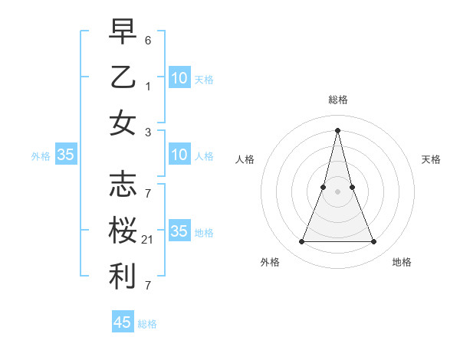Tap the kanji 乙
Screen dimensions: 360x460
(x=123, y=77)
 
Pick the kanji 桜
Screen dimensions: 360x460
(x=123, y=231)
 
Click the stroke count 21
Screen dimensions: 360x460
(x=148, y=240)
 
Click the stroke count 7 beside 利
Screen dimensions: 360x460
(x=148, y=286)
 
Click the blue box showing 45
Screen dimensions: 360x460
(x=123, y=322)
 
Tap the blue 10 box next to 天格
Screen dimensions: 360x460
(x=179, y=77)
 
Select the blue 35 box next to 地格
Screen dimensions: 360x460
(x=179, y=231)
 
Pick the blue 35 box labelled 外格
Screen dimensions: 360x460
(x=65, y=155)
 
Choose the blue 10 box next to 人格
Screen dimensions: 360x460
(x=179, y=155)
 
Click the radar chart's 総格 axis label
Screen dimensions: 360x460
(x=337, y=100)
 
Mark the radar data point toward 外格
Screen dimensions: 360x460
(x=301, y=242)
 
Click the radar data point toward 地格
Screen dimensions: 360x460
(x=374, y=242)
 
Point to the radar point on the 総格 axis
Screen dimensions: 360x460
(x=337, y=129)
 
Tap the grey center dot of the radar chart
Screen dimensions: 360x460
(x=337, y=191)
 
